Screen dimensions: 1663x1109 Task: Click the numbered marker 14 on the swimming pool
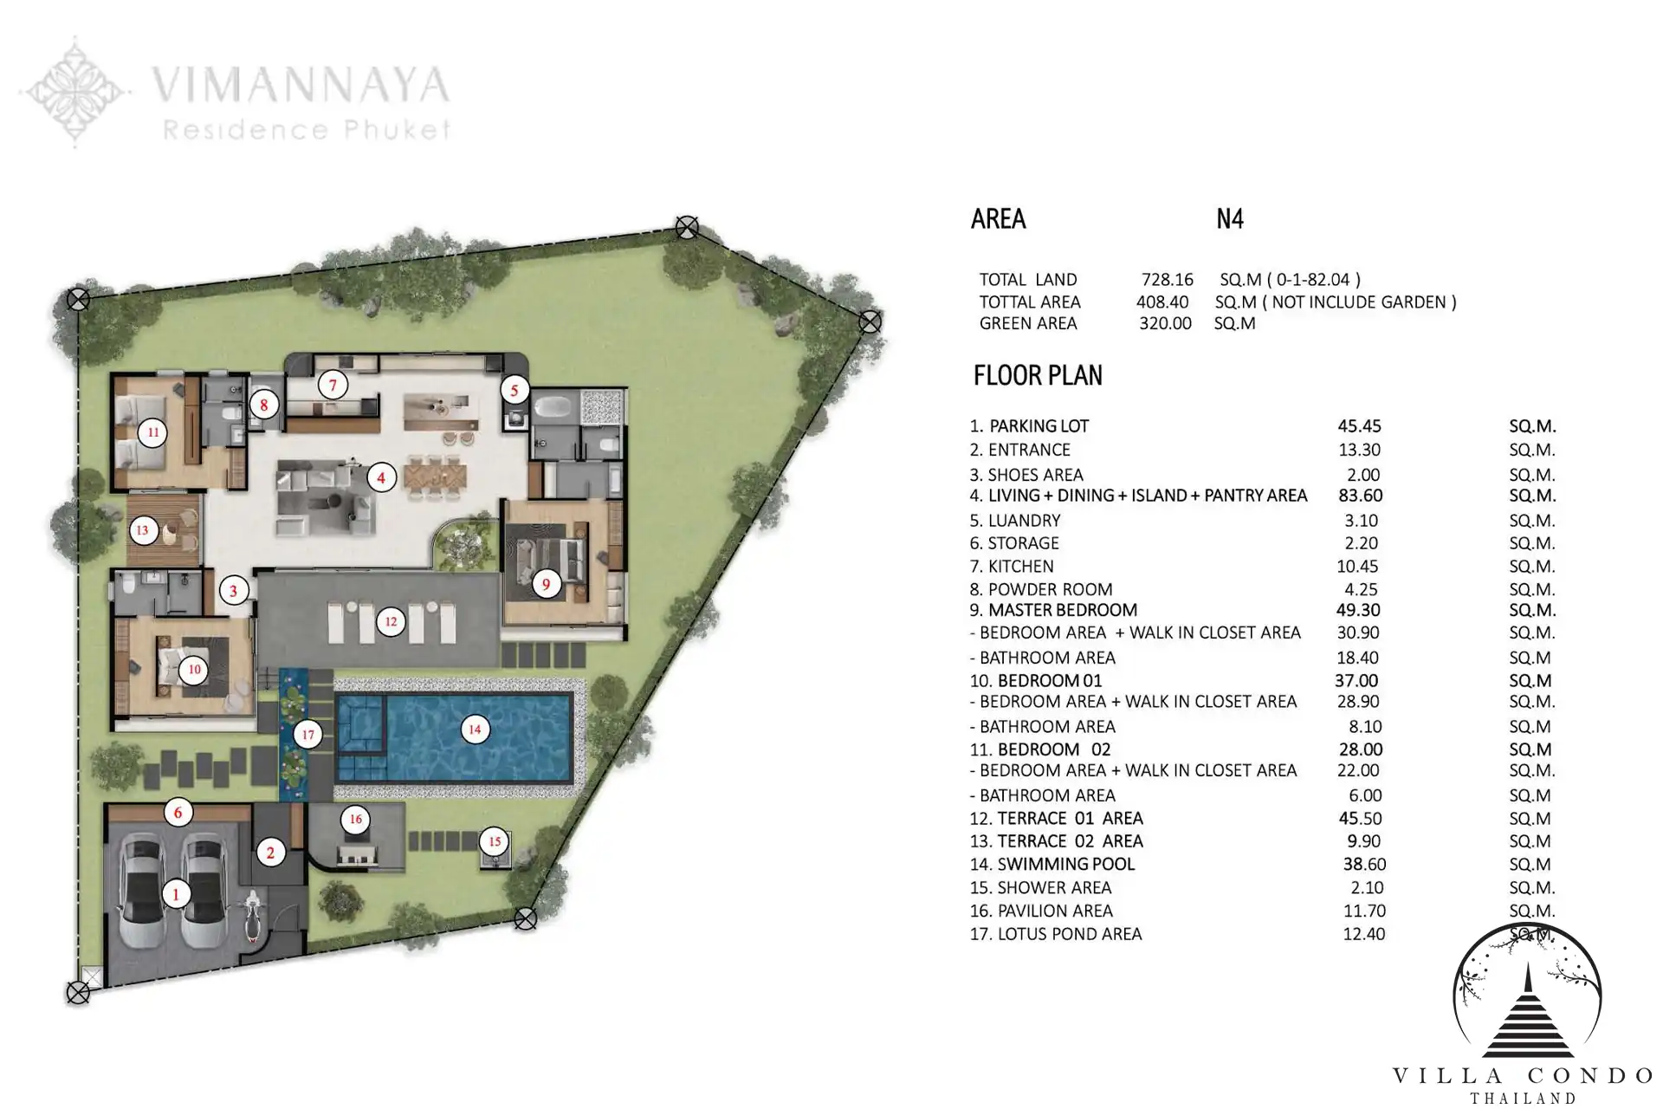tap(475, 730)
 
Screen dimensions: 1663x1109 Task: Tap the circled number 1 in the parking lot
tap(177, 893)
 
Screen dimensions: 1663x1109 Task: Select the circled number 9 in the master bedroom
tap(546, 584)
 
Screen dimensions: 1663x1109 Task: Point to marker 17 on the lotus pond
tap(307, 735)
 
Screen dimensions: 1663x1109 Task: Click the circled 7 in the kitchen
tap(333, 385)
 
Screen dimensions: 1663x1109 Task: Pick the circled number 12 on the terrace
tap(391, 621)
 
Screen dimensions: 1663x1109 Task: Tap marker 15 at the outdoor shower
tap(495, 841)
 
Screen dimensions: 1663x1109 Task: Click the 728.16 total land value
tap(1167, 280)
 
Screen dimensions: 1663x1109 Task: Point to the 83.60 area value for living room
tap(1360, 496)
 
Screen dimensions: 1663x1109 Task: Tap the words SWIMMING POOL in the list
tap(1066, 864)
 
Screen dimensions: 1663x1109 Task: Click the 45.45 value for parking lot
tap(1360, 426)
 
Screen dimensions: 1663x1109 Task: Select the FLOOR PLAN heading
tap(1038, 375)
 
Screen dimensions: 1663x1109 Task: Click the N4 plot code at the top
tap(1230, 218)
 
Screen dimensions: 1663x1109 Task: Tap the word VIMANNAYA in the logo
tap(301, 85)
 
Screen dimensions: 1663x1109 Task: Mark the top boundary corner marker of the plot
tap(687, 228)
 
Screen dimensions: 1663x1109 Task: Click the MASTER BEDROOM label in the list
tap(1063, 610)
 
